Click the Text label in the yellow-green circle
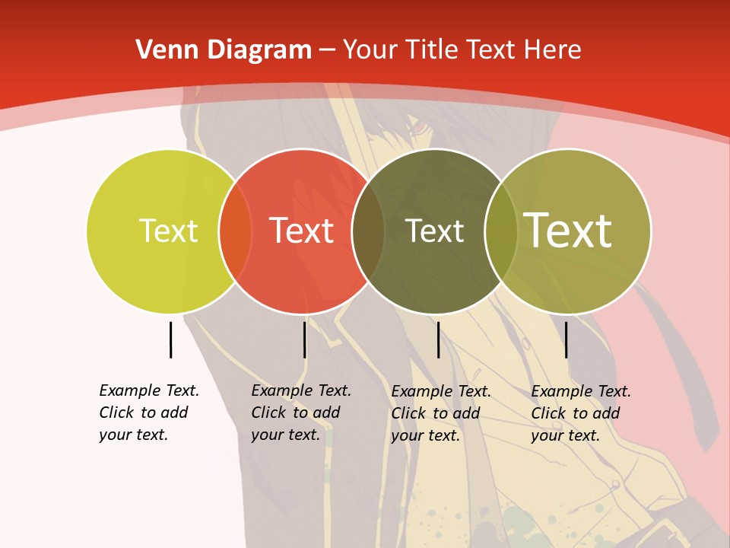168,231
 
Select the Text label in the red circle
301,231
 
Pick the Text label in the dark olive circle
434,231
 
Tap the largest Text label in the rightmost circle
568,231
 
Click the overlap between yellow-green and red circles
235,231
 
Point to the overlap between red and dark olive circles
368,231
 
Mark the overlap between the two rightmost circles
501,231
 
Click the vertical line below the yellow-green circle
170,339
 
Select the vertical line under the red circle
304,339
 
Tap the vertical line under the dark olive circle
438,339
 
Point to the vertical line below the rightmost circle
566,339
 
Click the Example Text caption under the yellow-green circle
148,413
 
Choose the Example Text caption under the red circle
300,413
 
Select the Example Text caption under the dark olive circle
440,413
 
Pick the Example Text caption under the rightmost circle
580,413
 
